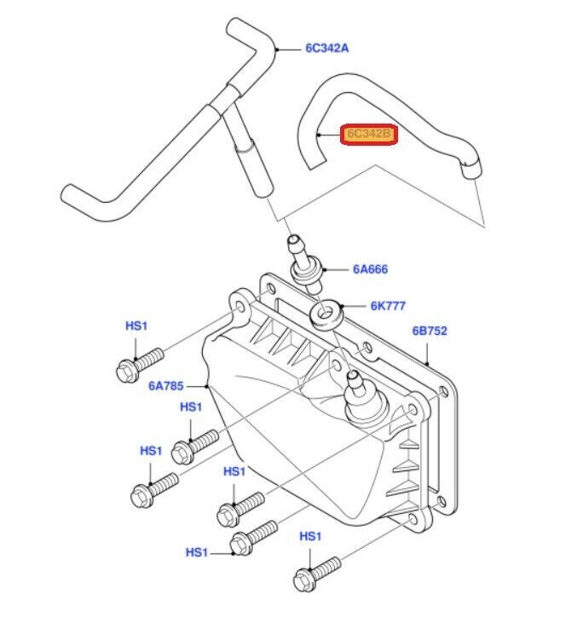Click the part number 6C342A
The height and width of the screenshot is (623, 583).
pyautogui.click(x=327, y=49)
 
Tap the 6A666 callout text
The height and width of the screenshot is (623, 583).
pyautogui.click(x=370, y=269)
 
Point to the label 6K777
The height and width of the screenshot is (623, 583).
pyautogui.click(x=387, y=305)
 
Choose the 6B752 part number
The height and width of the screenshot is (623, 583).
pyautogui.click(x=430, y=331)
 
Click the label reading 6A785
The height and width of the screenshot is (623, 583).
pyautogui.click(x=165, y=385)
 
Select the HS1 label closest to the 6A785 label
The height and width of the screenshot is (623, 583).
pyautogui.click(x=191, y=407)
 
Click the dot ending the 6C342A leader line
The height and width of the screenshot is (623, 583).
pyautogui.click(x=278, y=49)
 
